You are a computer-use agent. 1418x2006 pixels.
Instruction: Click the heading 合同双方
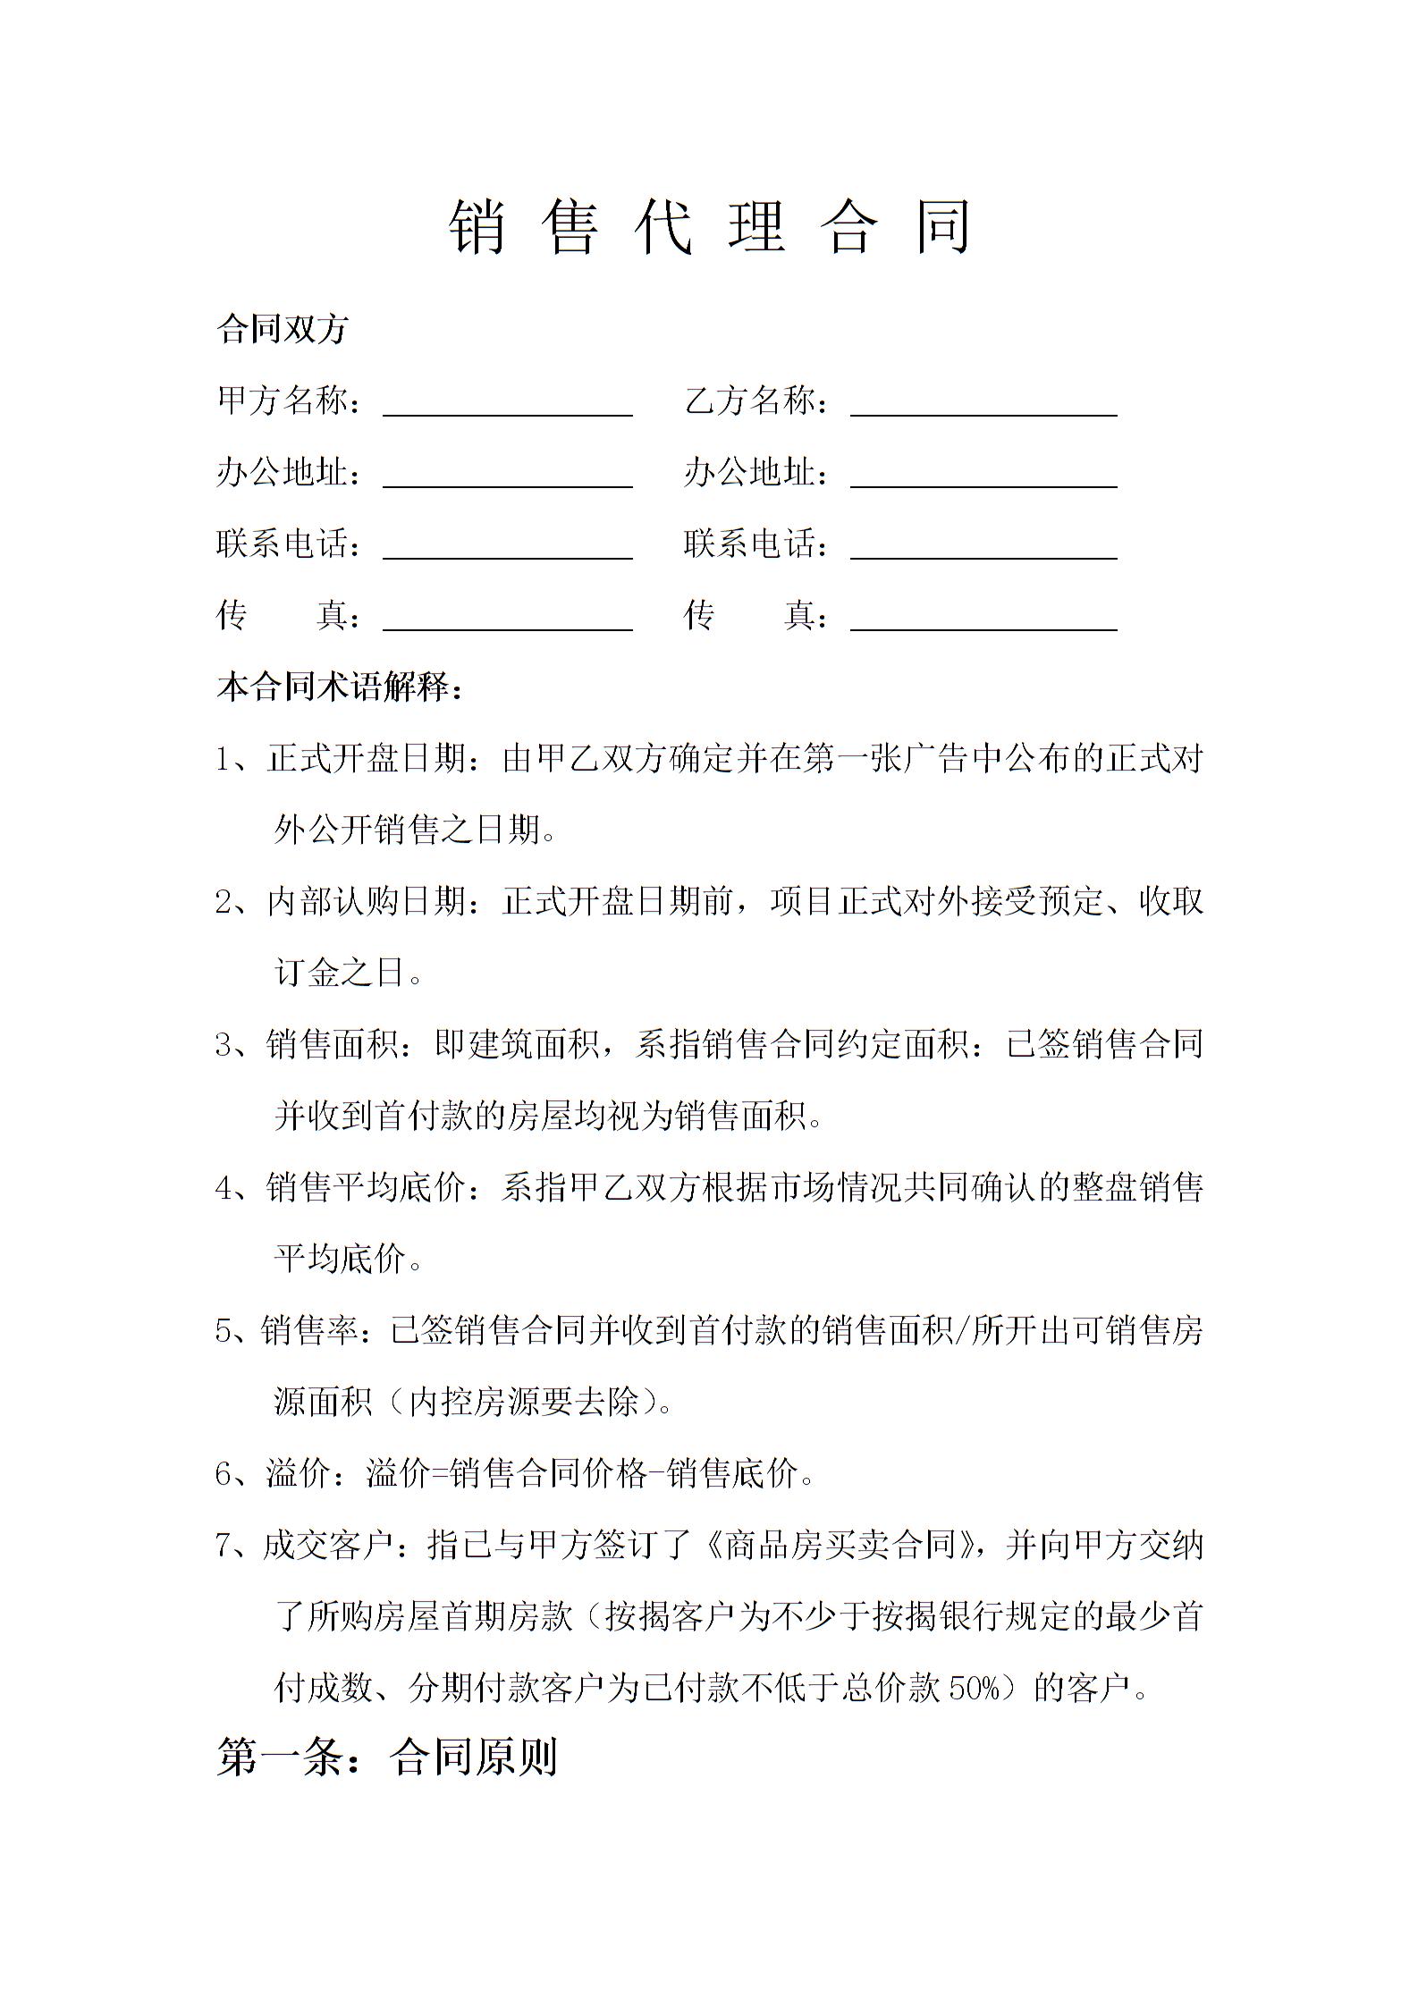(282, 329)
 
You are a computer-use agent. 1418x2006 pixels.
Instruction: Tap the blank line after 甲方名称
(507, 404)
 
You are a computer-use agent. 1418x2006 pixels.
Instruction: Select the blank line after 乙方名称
(983, 404)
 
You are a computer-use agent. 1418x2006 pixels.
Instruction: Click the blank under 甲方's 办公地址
(507, 476)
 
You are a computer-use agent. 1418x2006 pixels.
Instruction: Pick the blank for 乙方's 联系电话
(983, 547)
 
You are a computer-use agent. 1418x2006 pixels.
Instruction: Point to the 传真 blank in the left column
(507, 619)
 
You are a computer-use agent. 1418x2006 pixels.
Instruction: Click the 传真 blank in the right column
(983, 619)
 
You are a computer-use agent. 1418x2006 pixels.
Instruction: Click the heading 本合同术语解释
(340, 687)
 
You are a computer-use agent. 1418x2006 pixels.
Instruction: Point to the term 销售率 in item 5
(309, 1330)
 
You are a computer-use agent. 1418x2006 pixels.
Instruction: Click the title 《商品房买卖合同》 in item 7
(840, 1545)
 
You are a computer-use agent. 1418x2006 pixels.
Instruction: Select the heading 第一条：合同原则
(387, 1757)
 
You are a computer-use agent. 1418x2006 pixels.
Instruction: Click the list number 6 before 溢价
(224, 1474)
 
